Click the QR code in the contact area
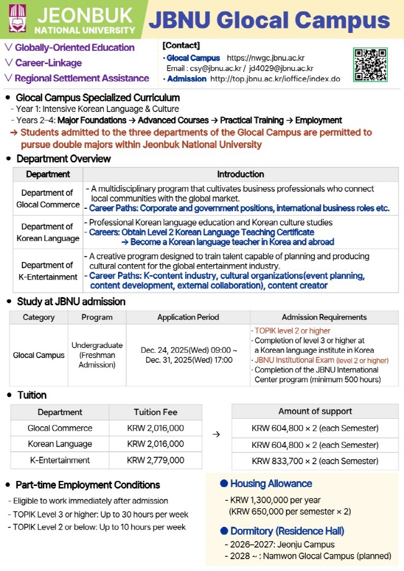370,65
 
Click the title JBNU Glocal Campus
269,20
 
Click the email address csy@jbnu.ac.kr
215,68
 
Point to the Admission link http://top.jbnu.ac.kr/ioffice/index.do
275,79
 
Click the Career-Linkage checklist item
48,63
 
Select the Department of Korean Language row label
47,232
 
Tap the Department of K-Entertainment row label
47,271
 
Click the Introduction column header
240,175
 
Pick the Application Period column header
188,317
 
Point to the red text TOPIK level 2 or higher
292,331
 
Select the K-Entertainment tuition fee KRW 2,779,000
155,460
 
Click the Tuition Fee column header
155,412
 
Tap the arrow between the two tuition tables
216,434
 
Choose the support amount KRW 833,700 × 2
314,461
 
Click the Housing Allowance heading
270,483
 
